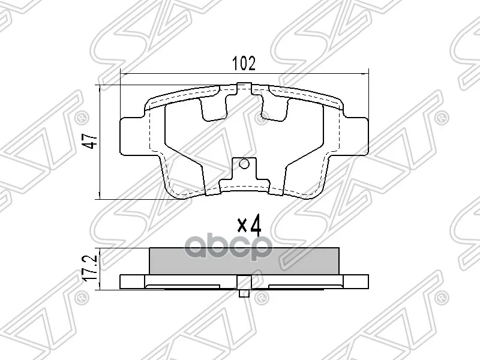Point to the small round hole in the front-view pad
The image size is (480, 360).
pos(243,164)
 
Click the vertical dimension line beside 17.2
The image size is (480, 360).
pos(99,268)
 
